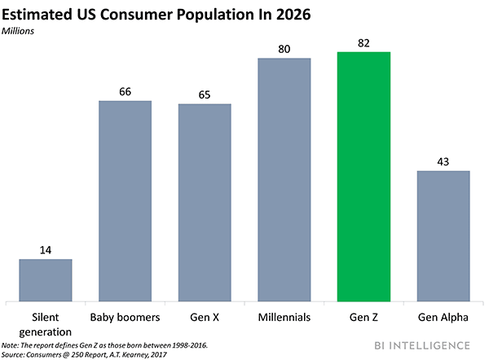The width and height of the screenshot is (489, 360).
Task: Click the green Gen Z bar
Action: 364,175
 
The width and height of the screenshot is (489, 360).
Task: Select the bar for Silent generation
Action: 46,279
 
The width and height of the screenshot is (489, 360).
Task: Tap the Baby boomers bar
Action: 125,200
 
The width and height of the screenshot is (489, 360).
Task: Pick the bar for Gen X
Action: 205,201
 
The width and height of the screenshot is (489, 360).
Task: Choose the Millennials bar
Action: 284,178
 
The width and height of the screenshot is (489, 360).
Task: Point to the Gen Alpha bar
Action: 444,235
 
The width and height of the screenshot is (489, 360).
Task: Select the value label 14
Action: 46,250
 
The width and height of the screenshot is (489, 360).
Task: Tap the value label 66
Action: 125,91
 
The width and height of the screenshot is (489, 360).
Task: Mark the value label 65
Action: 205,94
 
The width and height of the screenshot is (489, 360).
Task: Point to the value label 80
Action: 284,49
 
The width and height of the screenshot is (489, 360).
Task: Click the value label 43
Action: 444,161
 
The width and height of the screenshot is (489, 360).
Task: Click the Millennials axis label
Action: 284,315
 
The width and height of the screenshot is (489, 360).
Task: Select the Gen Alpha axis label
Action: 444,315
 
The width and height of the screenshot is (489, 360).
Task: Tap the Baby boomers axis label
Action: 125,315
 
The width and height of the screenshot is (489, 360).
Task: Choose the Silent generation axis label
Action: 46,323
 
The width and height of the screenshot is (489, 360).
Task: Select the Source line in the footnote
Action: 90,353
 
